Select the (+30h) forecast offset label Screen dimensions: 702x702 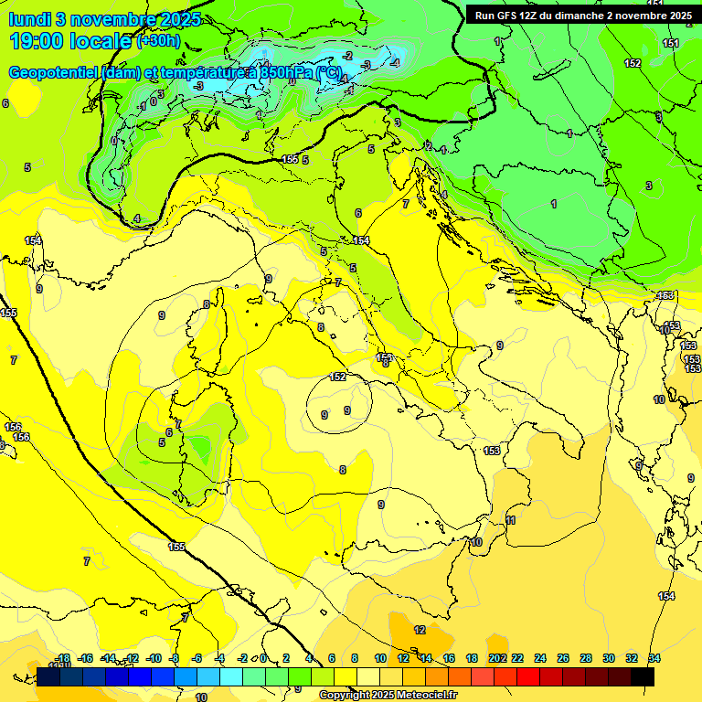click(158, 41)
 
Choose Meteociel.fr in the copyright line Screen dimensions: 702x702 click(424, 696)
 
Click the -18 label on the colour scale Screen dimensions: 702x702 click(62, 659)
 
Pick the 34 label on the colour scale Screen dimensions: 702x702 click(654, 659)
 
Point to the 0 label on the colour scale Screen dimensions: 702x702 click(263, 659)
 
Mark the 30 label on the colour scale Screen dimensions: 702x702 click(609, 659)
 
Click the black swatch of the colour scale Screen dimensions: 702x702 click(643, 676)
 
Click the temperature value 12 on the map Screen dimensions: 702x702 click(420, 630)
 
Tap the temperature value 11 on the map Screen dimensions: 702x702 click(511, 520)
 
